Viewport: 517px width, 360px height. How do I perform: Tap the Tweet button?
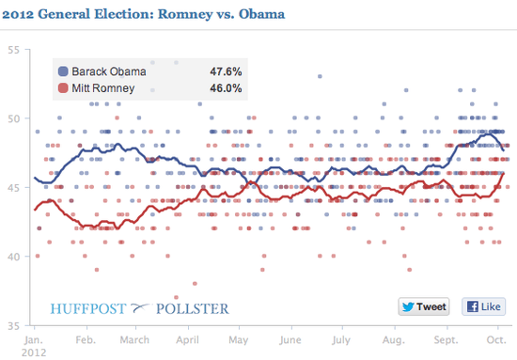point(424,306)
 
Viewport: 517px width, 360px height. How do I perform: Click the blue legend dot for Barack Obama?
point(63,71)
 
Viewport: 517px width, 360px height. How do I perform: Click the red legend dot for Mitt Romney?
point(63,88)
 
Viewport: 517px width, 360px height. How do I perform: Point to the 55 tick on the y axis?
point(13,50)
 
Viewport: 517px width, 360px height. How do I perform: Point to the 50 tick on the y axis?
point(13,118)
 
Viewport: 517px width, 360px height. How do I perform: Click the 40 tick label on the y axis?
point(13,257)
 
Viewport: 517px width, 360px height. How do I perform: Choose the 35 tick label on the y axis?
point(13,325)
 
